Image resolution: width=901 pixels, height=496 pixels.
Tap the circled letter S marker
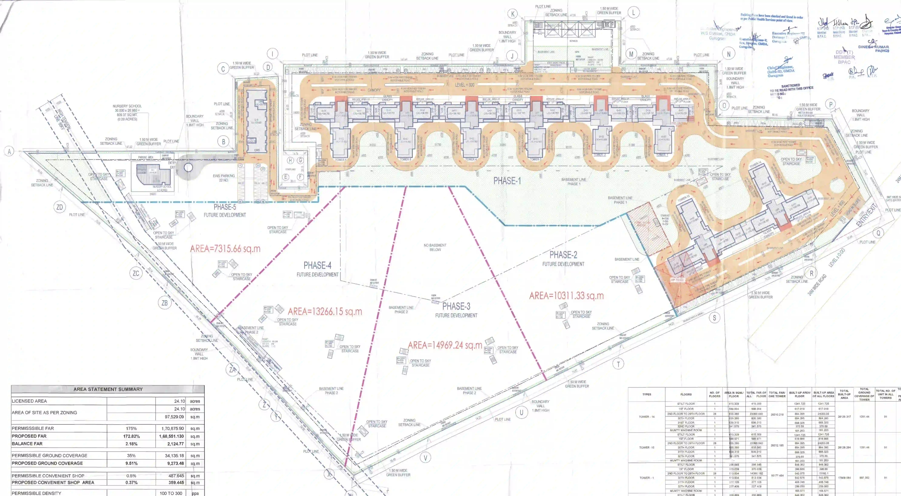(x=714, y=318)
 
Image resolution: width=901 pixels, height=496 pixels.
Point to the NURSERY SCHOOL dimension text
(x=127, y=112)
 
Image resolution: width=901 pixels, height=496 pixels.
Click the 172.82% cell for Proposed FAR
(x=131, y=436)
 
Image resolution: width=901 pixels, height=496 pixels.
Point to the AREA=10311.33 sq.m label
(x=566, y=296)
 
